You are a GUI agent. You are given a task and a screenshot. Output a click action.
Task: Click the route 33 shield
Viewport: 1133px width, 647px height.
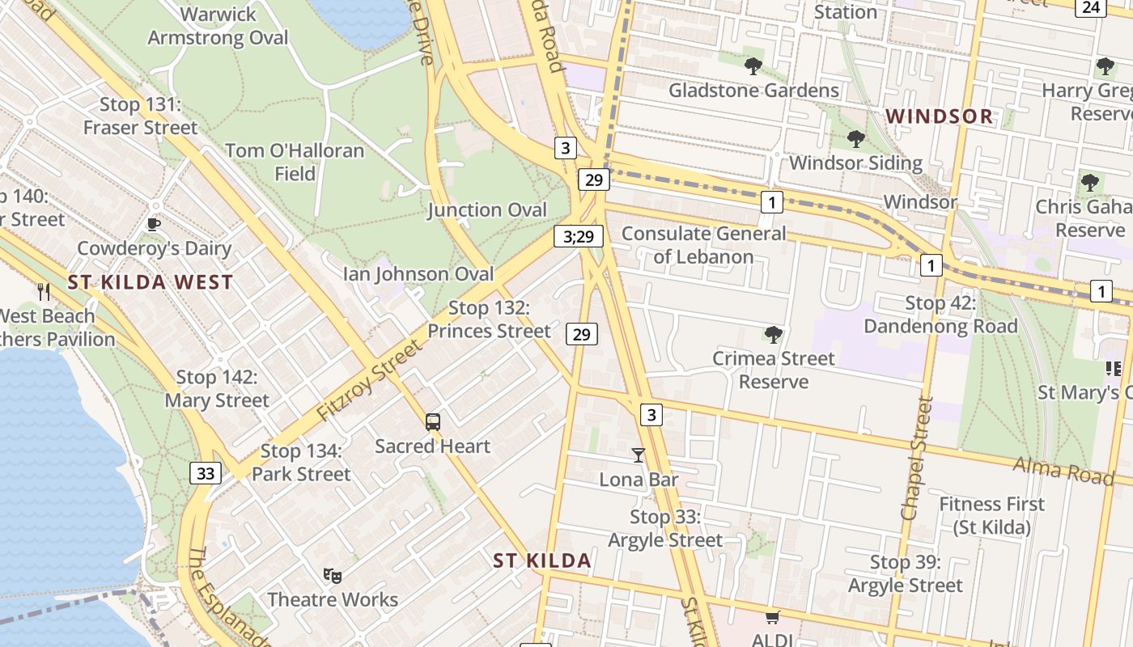coord(206,473)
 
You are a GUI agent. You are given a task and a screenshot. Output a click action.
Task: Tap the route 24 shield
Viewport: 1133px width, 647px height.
coord(1091,7)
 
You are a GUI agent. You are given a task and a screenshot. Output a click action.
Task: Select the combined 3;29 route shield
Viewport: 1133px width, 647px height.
coord(579,237)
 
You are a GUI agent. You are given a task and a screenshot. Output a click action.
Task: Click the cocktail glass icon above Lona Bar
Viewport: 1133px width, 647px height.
coord(639,455)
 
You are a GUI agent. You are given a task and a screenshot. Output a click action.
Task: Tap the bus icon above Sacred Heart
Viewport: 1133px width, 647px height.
coord(433,421)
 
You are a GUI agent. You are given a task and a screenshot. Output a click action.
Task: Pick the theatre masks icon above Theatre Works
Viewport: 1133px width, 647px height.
coord(332,575)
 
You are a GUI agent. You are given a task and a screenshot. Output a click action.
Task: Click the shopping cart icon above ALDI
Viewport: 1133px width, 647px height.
coord(772,618)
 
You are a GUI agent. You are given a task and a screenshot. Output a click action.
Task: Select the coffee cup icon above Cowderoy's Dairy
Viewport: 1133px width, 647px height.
coord(154,224)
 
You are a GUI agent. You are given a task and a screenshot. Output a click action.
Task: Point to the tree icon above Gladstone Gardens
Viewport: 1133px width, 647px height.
coord(753,66)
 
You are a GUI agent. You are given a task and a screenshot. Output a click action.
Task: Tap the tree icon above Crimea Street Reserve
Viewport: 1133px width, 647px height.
coord(774,334)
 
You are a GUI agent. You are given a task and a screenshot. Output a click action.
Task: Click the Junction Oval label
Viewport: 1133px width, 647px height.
coord(487,210)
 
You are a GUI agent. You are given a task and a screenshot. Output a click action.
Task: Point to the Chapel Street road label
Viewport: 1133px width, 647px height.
coord(918,458)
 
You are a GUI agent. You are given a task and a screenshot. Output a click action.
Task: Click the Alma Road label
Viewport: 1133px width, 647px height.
coord(1063,470)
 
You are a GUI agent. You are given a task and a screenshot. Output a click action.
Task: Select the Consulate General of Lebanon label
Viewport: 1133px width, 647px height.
coord(703,245)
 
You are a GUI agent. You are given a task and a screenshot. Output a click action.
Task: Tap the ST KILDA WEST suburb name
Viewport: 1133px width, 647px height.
coord(151,283)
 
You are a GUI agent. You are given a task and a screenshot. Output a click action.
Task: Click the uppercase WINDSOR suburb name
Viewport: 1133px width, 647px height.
coord(939,116)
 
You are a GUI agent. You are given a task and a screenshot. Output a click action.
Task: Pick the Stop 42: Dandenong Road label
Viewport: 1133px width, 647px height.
coord(940,315)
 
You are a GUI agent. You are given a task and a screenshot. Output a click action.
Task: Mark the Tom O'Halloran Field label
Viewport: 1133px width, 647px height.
coord(295,162)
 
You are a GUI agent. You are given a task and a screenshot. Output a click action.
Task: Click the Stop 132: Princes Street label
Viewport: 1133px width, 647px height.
coord(489,319)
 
